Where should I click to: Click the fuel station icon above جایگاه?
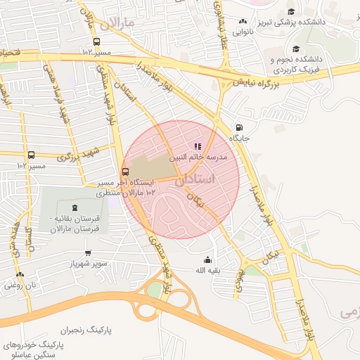point(241,127)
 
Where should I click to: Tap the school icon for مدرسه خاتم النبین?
point(198,147)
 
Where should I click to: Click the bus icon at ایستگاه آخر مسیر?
point(126,171)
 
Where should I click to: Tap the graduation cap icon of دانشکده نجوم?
point(296,49)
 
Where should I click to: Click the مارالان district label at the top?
point(117,26)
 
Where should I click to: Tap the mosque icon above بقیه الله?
point(207,259)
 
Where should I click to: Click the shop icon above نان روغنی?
point(20,274)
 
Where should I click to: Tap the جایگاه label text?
point(249,139)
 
